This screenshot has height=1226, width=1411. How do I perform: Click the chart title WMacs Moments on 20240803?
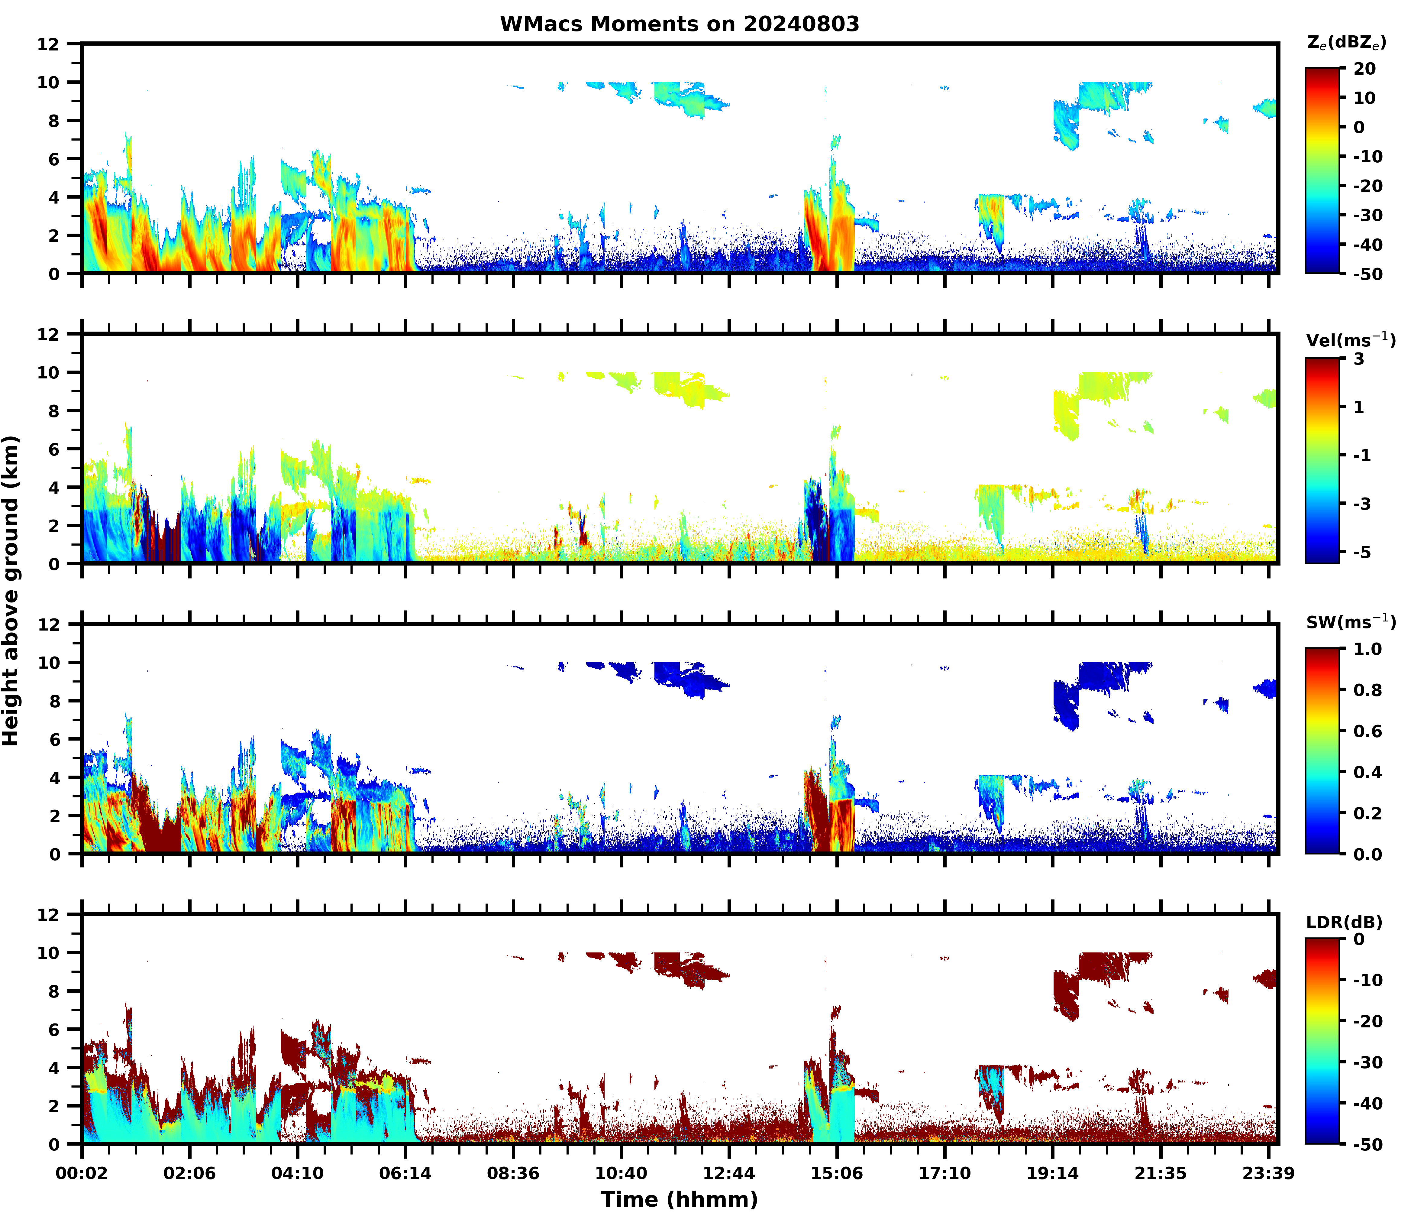pos(679,24)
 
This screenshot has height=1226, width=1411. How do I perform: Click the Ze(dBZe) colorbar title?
pos(1346,42)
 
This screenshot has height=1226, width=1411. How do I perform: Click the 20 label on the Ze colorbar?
pos(1364,69)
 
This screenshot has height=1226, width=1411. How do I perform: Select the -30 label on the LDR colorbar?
pos(1367,1062)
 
